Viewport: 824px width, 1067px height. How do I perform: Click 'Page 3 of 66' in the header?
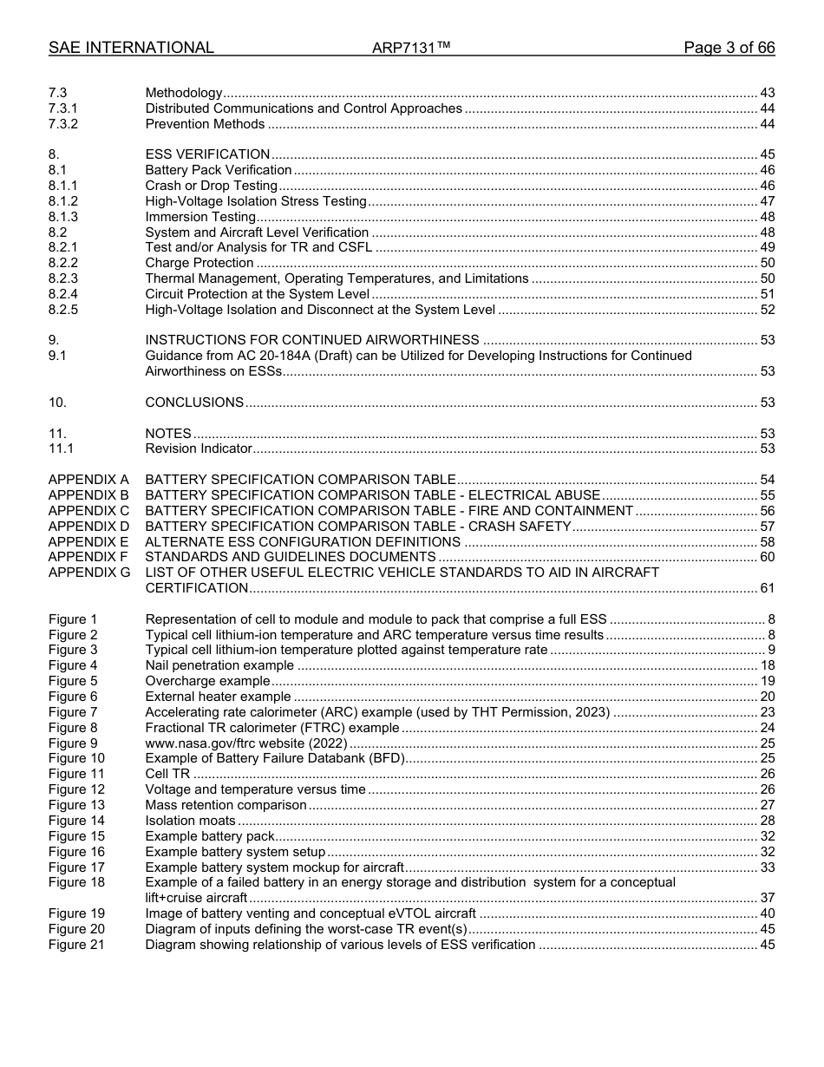point(729,48)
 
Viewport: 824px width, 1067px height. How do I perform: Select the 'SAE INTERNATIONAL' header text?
point(131,48)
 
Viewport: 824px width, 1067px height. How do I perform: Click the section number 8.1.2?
point(63,201)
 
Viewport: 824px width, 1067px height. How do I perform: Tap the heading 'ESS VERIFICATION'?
point(207,154)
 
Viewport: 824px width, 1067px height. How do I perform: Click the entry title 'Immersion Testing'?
point(200,217)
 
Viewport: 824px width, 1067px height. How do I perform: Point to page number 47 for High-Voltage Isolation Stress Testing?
point(767,201)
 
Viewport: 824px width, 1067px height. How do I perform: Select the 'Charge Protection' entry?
point(199,263)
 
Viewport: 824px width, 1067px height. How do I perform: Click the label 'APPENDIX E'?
point(88,541)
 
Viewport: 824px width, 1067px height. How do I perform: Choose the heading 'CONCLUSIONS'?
point(194,403)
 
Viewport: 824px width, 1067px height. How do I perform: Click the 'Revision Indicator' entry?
point(199,448)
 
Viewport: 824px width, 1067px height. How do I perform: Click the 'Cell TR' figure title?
point(168,774)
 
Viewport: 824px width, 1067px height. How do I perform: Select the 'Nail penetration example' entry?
point(219,665)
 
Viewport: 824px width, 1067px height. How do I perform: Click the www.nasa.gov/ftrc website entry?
point(246,743)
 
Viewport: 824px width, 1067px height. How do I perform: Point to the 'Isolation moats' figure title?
point(190,821)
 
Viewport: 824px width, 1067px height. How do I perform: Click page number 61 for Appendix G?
point(767,588)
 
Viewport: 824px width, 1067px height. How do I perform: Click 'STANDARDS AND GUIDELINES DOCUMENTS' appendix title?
point(291,557)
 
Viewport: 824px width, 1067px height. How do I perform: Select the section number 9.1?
point(58,356)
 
